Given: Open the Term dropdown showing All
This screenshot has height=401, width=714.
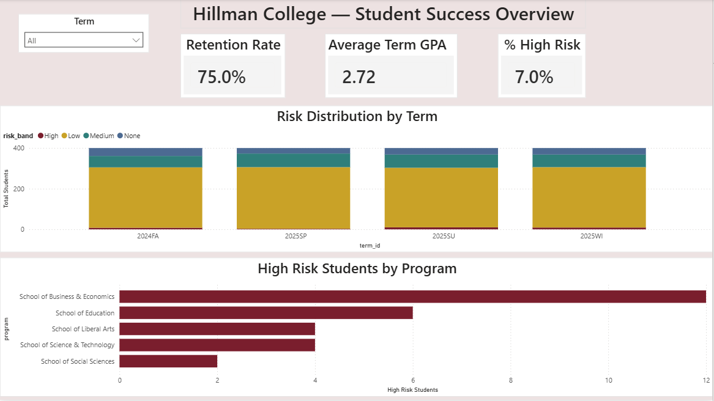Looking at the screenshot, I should pos(83,40).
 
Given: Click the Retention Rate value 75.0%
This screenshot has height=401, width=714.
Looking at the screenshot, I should pos(221,77).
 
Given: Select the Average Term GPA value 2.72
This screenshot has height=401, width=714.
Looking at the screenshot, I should pos(359,77).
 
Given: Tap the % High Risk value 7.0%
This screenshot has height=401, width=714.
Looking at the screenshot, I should pos(534,77).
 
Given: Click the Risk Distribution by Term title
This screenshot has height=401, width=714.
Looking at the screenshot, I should pos(357,116).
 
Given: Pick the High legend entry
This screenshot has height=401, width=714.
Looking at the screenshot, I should pos(48,136).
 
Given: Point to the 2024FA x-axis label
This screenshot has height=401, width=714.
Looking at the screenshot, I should pos(146,235).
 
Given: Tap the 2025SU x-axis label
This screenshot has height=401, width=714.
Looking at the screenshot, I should pos(441,235).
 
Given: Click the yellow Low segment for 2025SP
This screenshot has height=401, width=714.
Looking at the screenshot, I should pos(293,197).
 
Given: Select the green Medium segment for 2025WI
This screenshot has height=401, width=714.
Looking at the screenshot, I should pos(589,160).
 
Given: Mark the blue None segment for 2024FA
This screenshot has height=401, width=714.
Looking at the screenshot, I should pos(146,152).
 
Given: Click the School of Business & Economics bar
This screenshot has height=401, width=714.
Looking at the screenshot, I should pos(412,296).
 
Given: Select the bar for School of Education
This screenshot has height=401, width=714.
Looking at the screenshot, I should pos(266,313).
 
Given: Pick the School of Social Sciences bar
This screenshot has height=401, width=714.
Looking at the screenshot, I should pos(168,361).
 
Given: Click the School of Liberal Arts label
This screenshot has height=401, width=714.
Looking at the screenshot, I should pos(83,329).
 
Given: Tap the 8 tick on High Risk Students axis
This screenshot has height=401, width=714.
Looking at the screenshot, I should pos(510,380).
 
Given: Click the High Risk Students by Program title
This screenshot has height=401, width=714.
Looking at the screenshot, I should pos(357,268).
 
